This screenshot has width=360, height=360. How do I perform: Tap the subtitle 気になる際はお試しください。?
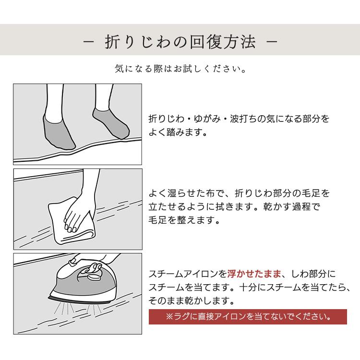pos(180,69)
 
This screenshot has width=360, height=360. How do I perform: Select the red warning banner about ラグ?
pos(248,316)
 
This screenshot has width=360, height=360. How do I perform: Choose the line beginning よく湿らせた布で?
pos(239,194)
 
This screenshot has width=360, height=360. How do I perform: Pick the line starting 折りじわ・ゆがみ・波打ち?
pos(239,118)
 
